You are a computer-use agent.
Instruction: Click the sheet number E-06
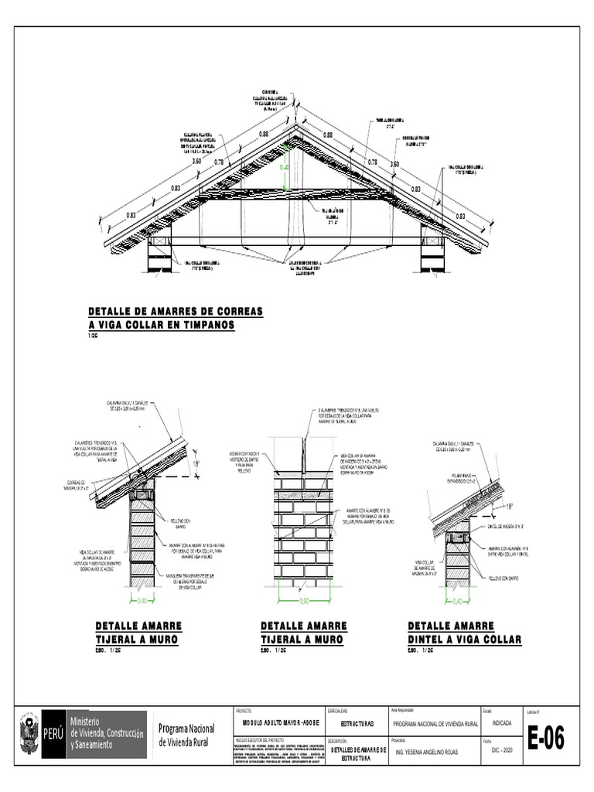pos(546,739)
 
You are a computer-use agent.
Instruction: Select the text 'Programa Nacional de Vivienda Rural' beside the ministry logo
pos(186,734)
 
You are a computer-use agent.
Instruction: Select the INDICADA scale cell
pos(501,723)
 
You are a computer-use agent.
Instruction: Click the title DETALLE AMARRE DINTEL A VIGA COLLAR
pos(464,633)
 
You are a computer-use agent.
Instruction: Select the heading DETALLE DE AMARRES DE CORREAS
pos(176,311)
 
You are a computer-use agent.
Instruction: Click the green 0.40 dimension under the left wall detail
pos(142,600)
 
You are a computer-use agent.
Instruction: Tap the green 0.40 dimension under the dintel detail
pos(457,600)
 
